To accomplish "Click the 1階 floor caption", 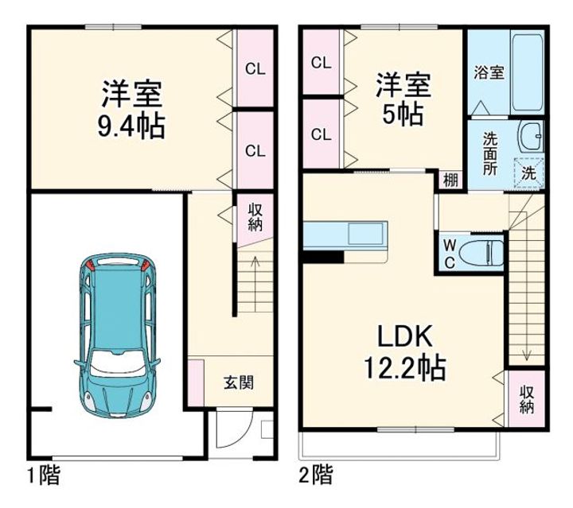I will (x=43, y=476).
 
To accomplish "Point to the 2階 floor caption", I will (x=315, y=476).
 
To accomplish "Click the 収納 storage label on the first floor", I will (x=255, y=218).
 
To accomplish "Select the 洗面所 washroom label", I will (x=490, y=154).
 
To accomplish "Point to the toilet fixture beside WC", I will (x=485, y=251).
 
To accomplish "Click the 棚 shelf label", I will (x=450, y=180).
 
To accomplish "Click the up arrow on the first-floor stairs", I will (x=255, y=263).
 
